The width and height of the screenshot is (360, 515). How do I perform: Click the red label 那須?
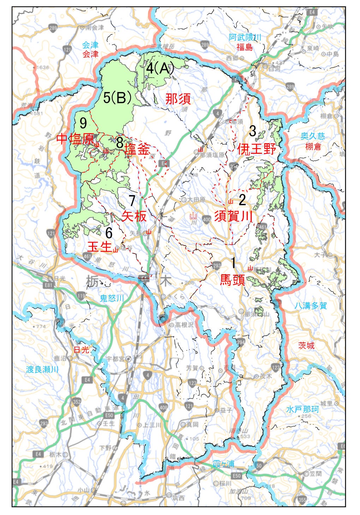pyautogui.click(x=178, y=99)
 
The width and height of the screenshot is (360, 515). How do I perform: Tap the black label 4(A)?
pyautogui.click(x=160, y=68)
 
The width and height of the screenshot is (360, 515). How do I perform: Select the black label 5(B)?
pyautogui.click(x=118, y=98)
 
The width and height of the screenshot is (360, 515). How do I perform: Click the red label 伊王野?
pyautogui.click(x=256, y=149)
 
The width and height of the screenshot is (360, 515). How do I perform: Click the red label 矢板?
pyautogui.click(x=134, y=216)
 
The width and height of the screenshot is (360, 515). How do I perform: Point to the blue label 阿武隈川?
pyautogui.click(x=245, y=37)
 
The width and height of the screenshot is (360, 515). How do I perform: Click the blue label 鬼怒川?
pyautogui.click(x=112, y=298)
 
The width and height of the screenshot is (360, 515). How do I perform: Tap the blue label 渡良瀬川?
pyautogui.click(x=42, y=369)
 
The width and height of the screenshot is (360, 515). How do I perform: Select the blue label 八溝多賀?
pyautogui.click(x=311, y=306)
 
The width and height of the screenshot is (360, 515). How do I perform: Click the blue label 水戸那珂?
pyautogui.click(x=302, y=410)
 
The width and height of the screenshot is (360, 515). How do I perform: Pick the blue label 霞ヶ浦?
pyautogui.click(x=223, y=464)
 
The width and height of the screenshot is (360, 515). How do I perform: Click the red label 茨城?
pyautogui.click(x=306, y=346)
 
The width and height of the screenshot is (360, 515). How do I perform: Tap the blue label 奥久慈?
pyautogui.click(x=313, y=136)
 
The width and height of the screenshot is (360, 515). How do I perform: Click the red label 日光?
pyautogui.click(x=82, y=350)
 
